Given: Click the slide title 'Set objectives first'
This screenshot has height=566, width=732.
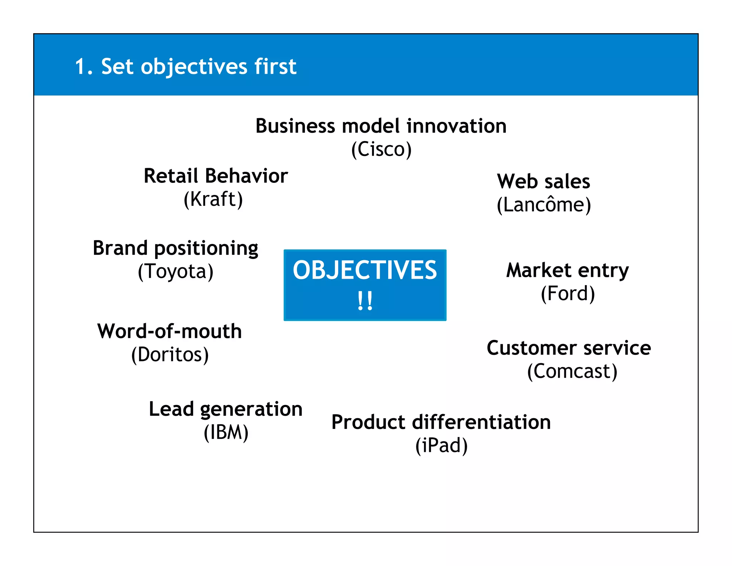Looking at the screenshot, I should (186, 67).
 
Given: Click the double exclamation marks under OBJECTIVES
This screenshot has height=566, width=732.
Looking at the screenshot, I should (365, 301).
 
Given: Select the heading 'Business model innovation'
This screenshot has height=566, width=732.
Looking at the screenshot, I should (381, 126).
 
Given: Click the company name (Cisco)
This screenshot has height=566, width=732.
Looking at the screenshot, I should (381, 150).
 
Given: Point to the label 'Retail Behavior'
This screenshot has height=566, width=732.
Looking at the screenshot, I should (216, 176).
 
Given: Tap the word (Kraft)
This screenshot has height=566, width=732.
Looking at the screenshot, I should (213, 199).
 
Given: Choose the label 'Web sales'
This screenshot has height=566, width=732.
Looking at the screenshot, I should (543, 181).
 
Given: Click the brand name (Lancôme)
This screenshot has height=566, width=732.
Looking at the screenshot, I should (544, 205).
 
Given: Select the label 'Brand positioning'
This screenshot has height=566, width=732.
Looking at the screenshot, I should (175, 248).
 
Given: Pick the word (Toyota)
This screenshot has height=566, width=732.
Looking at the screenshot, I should (175, 272).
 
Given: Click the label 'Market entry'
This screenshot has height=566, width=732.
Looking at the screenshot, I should (568, 270).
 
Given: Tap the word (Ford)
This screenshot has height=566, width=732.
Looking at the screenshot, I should (568, 294).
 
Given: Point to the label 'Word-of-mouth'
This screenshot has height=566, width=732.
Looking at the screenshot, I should (170, 331).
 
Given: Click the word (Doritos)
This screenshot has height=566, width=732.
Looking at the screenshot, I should (170, 355).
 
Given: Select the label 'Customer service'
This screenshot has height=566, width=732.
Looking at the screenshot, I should (569, 348).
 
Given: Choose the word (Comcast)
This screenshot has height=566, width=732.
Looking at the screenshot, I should (572, 371).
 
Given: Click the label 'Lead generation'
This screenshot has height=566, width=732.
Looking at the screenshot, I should (226, 409).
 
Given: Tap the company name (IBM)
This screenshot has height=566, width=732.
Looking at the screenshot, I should (226, 432).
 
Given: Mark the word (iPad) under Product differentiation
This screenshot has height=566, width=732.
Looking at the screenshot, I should (441, 445).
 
